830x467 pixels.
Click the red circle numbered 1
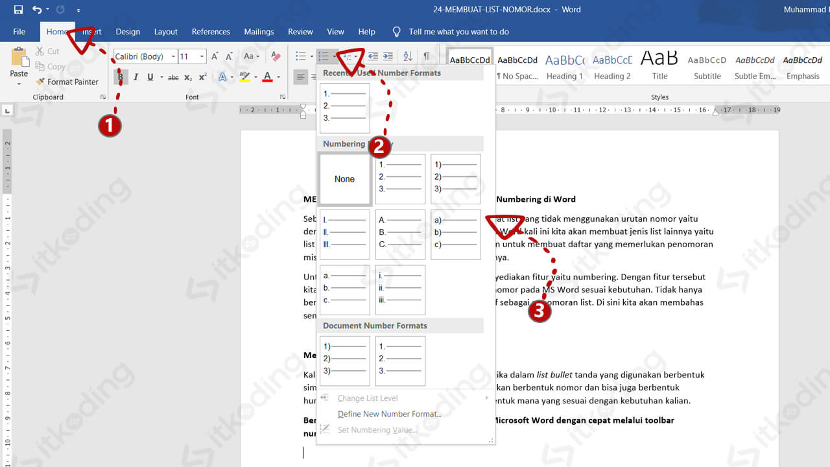pyautogui.click(x=110, y=126)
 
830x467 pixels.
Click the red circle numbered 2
pyautogui.click(x=379, y=147)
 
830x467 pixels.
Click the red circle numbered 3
pyautogui.click(x=539, y=311)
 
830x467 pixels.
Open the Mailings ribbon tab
pyautogui.click(x=259, y=32)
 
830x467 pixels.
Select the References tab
pyautogui.click(x=211, y=32)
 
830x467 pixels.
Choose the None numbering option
pyautogui.click(x=345, y=179)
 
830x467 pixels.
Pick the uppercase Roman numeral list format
pyautogui.click(x=345, y=234)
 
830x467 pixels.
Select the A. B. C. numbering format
pyautogui.click(x=400, y=234)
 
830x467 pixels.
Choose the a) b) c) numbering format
pyautogui.click(x=456, y=234)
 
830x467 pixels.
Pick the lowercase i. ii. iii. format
pyautogui.click(x=400, y=289)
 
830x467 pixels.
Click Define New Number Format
pyautogui.click(x=389, y=414)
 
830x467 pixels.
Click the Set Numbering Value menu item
pyautogui.click(x=377, y=429)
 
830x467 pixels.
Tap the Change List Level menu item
pyautogui.click(x=368, y=398)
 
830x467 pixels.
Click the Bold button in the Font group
pyautogui.click(x=121, y=77)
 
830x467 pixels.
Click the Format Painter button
pyautogui.click(x=67, y=82)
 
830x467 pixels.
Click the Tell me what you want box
pyautogui.click(x=458, y=32)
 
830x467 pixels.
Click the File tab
pyautogui.click(x=19, y=32)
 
